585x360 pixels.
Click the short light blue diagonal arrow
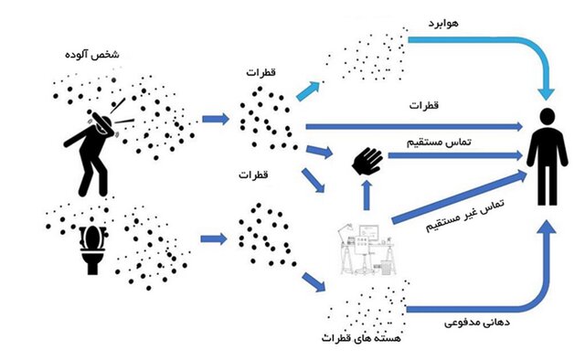click(x=306, y=89)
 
